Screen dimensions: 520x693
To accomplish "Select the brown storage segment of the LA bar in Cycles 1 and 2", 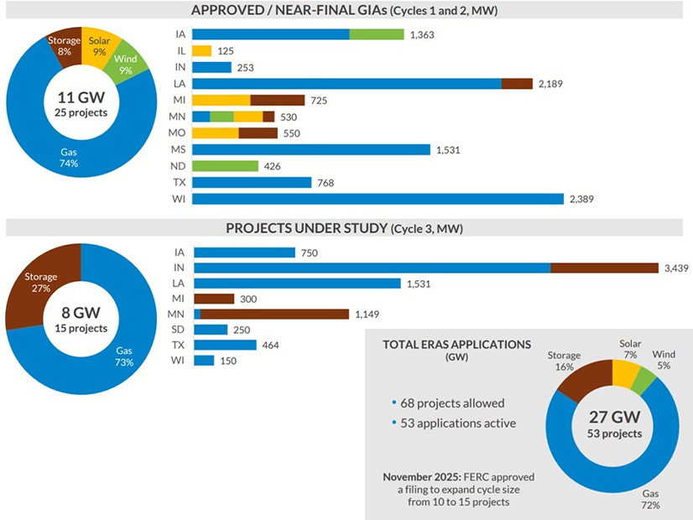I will coord(517,84).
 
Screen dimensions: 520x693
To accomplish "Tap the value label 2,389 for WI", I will coord(586,199).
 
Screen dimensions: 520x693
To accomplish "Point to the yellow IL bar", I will coord(201,51).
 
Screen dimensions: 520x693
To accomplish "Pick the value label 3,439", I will coord(676,268).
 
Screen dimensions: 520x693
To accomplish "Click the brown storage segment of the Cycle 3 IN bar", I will coord(604,268).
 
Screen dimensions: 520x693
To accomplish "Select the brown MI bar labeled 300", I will coord(214,299).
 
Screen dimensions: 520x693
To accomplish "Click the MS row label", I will coord(180,149).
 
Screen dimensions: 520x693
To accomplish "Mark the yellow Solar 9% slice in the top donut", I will coord(99,46).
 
